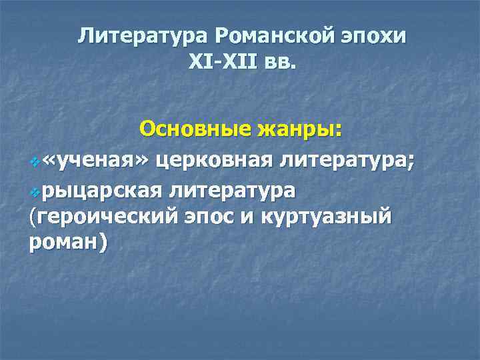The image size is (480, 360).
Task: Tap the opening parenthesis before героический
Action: click(34, 218)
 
